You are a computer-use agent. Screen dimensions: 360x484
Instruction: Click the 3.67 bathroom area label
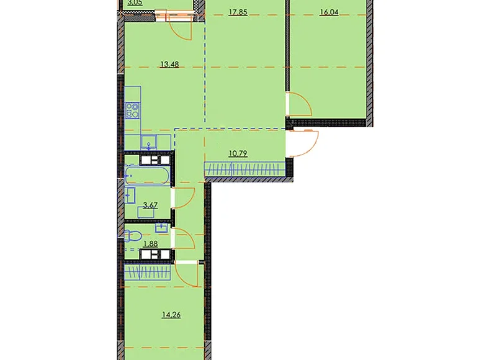(150, 205)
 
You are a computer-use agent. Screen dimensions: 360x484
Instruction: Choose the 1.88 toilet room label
(150, 243)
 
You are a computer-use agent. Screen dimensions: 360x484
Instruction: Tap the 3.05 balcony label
(134, 3)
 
